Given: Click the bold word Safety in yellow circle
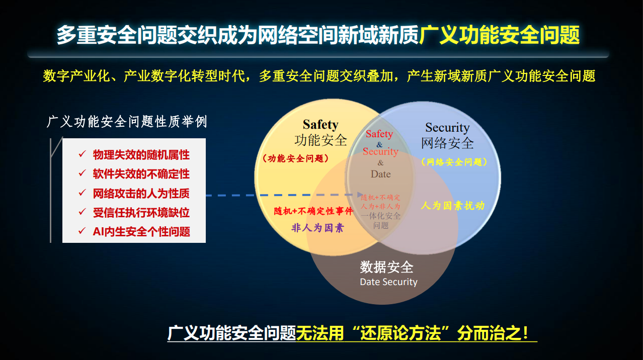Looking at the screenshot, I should (x=320, y=124).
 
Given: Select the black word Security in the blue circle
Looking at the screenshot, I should (x=447, y=128).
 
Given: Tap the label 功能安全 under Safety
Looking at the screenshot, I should (x=320, y=140).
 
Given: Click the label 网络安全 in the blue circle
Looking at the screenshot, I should (x=447, y=143).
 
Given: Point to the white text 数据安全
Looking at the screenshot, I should (x=386, y=266).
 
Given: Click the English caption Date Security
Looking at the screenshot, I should (x=388, y=282).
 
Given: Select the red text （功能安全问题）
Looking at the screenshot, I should (x=295, y=158).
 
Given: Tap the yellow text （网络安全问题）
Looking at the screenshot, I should (x=454, y=162).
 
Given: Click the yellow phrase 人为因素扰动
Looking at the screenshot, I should (x=452, y=205).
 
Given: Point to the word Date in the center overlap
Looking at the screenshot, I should (x=380, y=174).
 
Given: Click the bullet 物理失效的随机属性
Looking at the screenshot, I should (x=141, y=155).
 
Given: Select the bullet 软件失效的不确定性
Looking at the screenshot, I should (x=141, y=174).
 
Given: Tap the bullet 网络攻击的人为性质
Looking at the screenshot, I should (x=141, y=194).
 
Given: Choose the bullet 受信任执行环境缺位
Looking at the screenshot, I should (x=141, y=212).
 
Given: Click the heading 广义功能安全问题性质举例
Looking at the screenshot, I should (x=127, y=122).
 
